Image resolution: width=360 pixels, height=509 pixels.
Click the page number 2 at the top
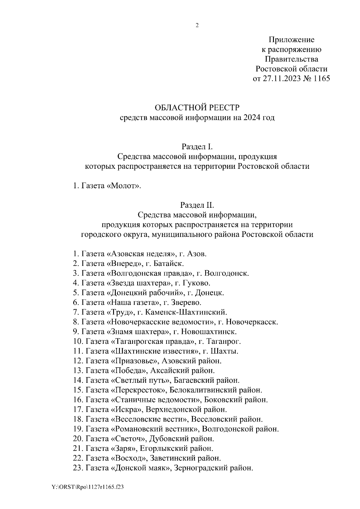(x=197, y=25)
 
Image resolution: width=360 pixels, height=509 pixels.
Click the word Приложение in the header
(x=291, y=40)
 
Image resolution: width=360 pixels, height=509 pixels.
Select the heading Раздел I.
(x=197, y=147)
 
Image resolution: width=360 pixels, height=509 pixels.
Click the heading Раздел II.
(x=197, y=205)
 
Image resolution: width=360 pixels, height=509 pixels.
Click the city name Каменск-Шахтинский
(x=186, y=312)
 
